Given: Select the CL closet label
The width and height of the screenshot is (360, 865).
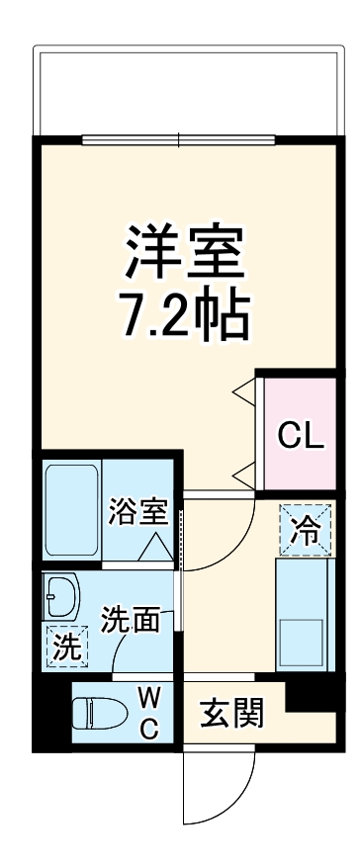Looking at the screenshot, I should [x=299, y=435].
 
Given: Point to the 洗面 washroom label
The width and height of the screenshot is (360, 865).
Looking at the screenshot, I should [x=131, y=620].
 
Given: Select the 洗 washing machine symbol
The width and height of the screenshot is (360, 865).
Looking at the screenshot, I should [x=66, y=648].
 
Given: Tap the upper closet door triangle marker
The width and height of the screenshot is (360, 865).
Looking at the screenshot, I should [x=243, y=392].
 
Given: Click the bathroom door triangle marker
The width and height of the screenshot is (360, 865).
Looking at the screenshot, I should [x=155, y=547].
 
